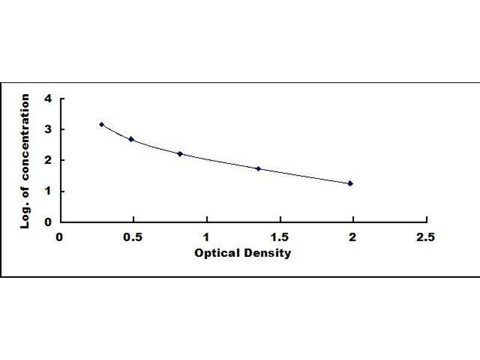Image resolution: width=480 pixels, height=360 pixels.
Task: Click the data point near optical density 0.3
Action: [101, 125]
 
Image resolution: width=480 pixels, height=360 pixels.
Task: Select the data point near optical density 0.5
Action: [131, 139]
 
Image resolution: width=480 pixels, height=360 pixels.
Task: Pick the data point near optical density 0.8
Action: [180, 154]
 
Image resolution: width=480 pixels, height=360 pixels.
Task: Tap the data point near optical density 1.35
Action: [258, 169]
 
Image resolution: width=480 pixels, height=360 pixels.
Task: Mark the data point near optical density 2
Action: [350, 184]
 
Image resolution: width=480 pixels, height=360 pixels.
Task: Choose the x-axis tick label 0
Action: [59, 238]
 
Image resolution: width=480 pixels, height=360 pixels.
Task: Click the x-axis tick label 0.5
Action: [133, 238]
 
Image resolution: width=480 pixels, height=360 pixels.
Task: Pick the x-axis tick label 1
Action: [206, 238]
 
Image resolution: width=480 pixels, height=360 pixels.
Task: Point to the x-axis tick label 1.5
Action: [280, 238]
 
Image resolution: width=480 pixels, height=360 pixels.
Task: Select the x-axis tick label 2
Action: [353, 238]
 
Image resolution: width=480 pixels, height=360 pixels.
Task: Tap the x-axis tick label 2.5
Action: [426, 238]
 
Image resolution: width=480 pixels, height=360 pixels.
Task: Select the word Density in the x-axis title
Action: [268, 253]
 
